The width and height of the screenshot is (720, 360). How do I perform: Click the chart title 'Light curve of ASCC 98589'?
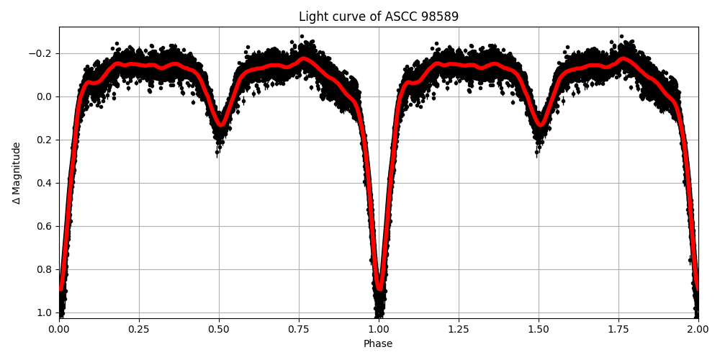coord(378,17)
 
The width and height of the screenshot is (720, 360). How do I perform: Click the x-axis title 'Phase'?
coord(378,344)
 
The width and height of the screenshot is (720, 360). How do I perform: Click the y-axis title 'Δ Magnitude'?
coord(17,173)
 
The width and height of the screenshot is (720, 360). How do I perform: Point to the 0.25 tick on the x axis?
coord(139,328)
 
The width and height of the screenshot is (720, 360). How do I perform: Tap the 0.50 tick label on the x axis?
coord(219,328)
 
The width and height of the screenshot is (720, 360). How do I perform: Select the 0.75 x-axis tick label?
coord(299,328)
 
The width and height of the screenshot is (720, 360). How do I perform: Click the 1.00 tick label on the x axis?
coord(379,328)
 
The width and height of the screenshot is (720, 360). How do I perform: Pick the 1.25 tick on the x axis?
coord(459,328)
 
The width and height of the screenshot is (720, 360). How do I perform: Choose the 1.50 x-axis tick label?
coord(539,328)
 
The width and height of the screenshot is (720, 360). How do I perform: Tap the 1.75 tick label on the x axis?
coord(618,328)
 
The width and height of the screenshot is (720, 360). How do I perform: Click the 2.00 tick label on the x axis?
coord(698,328)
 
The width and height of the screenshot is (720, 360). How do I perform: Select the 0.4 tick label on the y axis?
coord(44,183)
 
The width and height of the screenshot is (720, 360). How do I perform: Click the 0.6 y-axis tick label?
coord(44,226)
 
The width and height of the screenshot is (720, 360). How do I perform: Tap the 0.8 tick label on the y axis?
coord(44,269)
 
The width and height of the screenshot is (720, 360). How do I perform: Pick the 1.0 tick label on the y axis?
coord(44,312)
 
